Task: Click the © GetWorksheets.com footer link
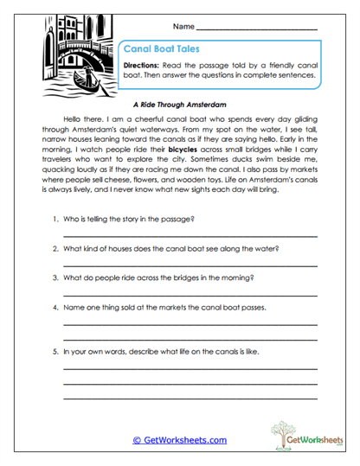179,440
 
